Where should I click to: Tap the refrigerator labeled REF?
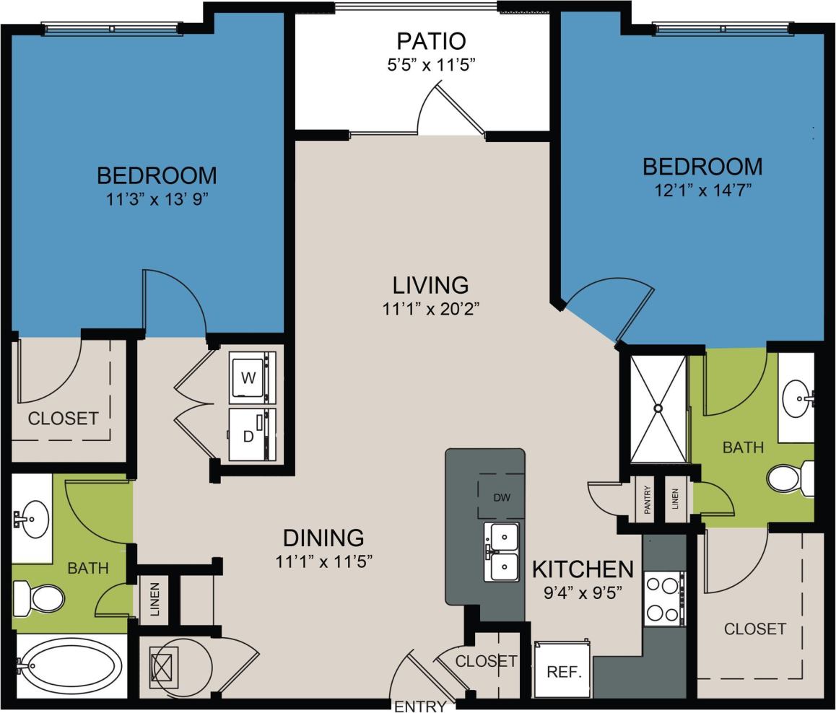point(563,669)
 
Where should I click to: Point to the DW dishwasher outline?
point(501,497)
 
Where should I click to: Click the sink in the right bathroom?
point(796,396)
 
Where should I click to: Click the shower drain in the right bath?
point(658,408)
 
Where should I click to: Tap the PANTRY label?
point(648,499)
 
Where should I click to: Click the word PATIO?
point(432,41)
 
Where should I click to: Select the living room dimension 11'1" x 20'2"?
point(431,310)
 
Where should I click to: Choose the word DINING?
point(323,538)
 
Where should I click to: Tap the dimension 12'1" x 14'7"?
point(701,191)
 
